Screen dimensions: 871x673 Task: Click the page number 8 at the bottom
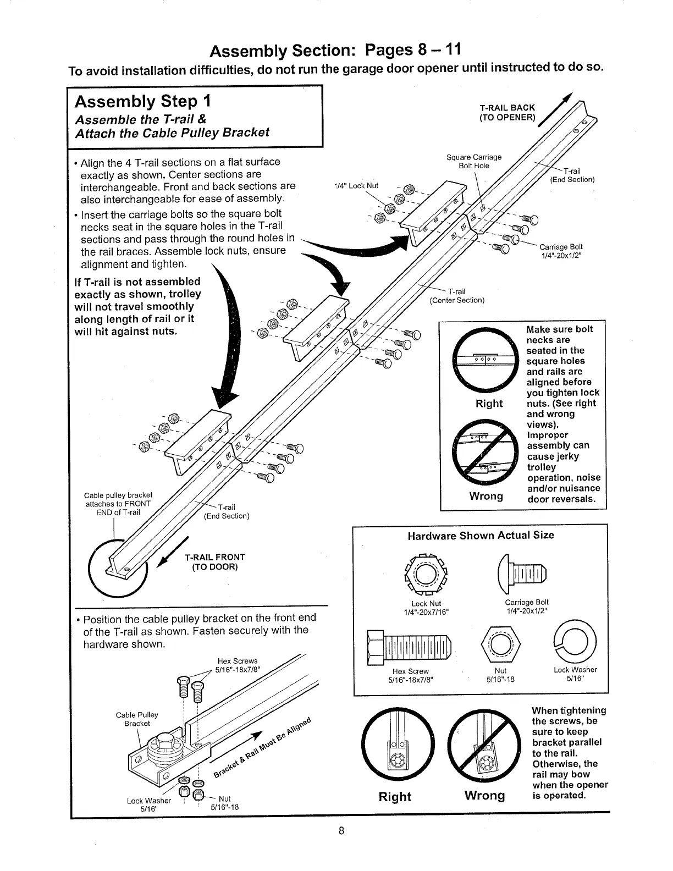pyautogui.click(x=341, y=830)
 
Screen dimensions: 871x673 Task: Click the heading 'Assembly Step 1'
pyautogui.click(x=142, y=102)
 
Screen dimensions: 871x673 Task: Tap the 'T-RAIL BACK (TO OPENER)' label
pyautogui.click(x=507, y=113)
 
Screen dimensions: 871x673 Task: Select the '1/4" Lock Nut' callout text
pyautogui.click(x=356, y=185)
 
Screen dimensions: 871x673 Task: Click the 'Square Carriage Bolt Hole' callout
pyautogui.click(x=473, y=162)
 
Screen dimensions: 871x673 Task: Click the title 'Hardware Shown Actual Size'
pyautogui.click(x=481, y=536)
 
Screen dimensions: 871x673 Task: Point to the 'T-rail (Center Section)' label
pyautogui.click(x=456, y=296)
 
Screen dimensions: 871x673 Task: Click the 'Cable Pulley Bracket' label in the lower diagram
pyautogui.click(x=137, y=719)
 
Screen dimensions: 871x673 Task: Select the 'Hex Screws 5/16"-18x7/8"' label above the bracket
pyautogui.click(x=237, y=665)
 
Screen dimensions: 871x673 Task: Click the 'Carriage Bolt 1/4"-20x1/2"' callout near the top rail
pyautogui.click(x=560, y=251)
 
